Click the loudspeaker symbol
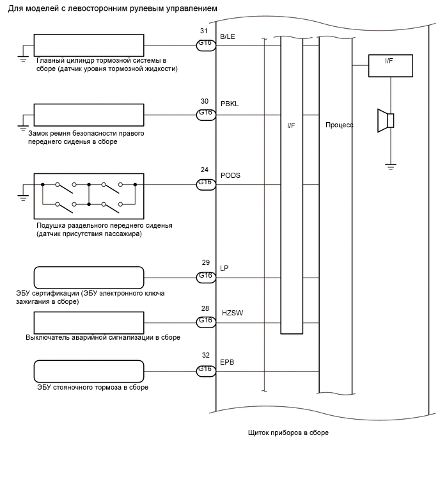(x=386, y=121)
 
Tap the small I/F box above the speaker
(x=390, y=66)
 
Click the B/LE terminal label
(x=228, y=36)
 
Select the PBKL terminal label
(x=230, y=104)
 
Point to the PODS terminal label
(x=230, y=175)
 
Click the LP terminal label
(x=224, y=268)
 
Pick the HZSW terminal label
(x=232, y=313)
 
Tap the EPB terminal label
(x=227, y=362)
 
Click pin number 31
(x=204, y=31)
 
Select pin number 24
(x=205, y=170)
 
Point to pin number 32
(x=206, y=355)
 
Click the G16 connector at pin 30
(x=206, y=115)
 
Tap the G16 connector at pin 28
(x=206, y=322)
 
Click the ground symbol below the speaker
(x=390, y=166)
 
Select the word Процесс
(x=340, y=125)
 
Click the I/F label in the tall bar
(x=291, y=125)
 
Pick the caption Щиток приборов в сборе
(x=288, y=433)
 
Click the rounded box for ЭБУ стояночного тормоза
(x=89, y=372)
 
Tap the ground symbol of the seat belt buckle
(x=23, y=127)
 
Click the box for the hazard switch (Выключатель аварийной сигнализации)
(x=89, y=323)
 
